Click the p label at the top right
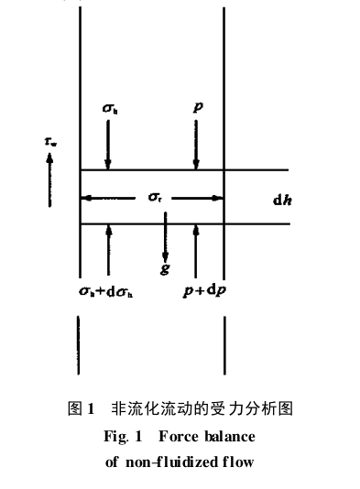[x=197, y=106]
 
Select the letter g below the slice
[x=165, y=269]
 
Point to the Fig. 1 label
[x=122, y=435]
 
